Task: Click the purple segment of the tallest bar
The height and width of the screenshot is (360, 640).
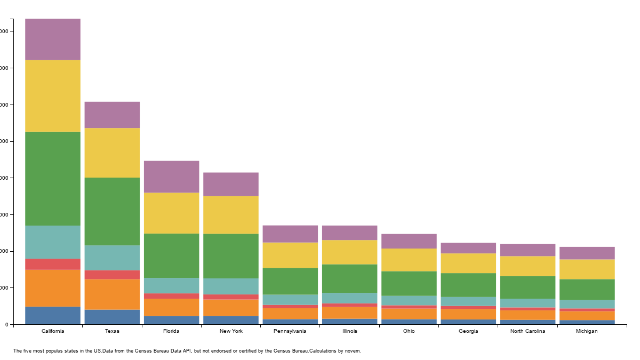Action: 53,39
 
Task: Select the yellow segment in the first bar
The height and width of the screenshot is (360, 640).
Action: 53,96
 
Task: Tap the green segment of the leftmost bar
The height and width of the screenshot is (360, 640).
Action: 53,179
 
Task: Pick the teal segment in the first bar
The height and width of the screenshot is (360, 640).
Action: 53,242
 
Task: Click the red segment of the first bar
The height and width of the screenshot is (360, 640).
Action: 53,265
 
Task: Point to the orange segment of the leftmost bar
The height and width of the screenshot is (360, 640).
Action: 53,289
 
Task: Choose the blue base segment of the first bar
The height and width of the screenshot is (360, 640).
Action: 53,316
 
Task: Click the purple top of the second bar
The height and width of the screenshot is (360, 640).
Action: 112,115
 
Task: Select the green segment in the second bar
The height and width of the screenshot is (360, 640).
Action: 112,212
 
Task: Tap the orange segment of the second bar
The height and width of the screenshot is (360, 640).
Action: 112,294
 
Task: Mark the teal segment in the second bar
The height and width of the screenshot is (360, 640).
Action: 112,258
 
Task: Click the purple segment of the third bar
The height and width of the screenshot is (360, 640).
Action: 171,177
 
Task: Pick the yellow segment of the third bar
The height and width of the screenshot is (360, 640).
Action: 171,213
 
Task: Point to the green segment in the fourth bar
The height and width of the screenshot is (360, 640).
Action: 231,256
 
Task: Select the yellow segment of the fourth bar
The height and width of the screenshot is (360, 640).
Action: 231,215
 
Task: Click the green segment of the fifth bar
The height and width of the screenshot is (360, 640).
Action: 290,282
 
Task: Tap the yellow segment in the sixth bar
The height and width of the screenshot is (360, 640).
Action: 349,252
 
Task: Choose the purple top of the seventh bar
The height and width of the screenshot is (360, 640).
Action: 409,241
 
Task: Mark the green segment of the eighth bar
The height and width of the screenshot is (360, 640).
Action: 468,285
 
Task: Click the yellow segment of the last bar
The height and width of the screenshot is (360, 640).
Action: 587,269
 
